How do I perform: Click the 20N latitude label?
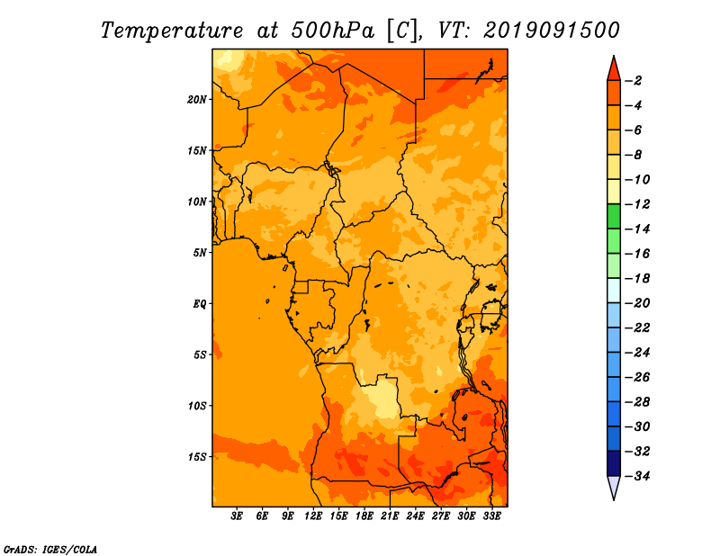click(197, 100)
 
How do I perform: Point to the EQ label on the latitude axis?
click(200, 304)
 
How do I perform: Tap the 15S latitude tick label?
click(197, 457)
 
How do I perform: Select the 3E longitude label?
click(237, 516)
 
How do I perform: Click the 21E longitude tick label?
click(390, 516)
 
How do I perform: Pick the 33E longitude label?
click(491, 516)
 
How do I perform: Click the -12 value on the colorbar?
click(637, 204)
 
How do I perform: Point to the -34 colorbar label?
click(637, 476)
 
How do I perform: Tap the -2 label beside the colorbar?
click(634, 81)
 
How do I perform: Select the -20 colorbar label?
click(637, 303)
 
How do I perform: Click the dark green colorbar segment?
click(614, 217)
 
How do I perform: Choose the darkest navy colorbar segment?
click(614, 463)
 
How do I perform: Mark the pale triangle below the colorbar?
click(614, 487)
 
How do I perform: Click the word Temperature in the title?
click(172, 31)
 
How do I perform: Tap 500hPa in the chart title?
click(333, 31)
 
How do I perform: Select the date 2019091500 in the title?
click(552, 31)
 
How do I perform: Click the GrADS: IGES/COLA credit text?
click(50, 550)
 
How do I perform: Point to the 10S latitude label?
click(197, 406)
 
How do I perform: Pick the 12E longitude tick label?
click(313, 516)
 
